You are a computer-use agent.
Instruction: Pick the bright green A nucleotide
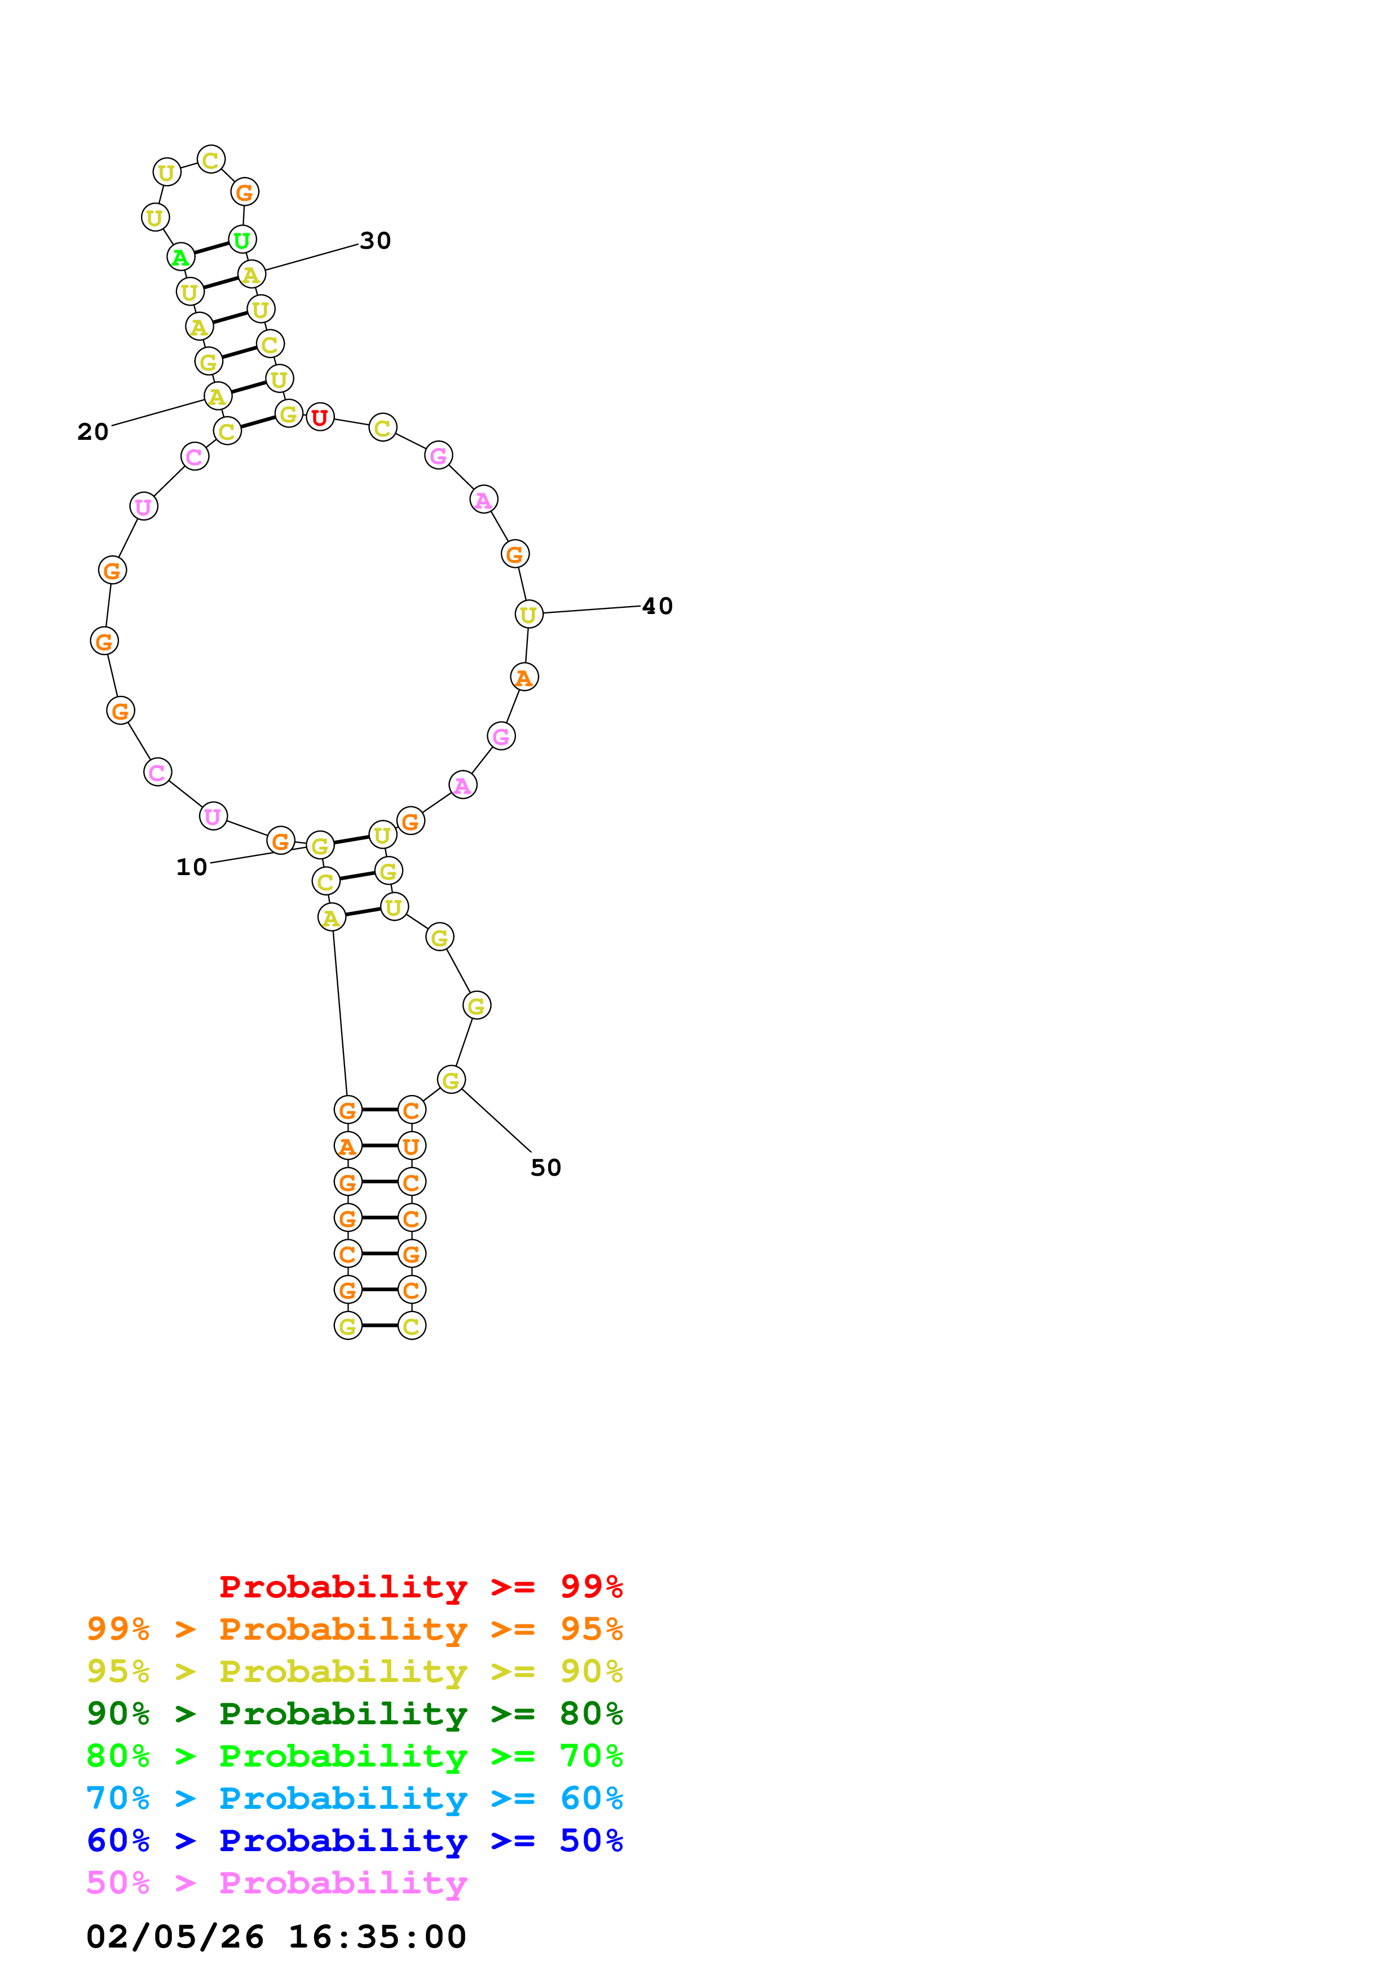[180, 256]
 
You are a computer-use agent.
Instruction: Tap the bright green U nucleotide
[242, 240]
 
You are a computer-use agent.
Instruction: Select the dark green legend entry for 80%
[354, 1714]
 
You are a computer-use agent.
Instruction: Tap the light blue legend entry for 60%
[354, 1798]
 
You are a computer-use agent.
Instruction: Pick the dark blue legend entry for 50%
[354, 1840]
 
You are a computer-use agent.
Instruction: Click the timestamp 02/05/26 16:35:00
[276, 1937]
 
